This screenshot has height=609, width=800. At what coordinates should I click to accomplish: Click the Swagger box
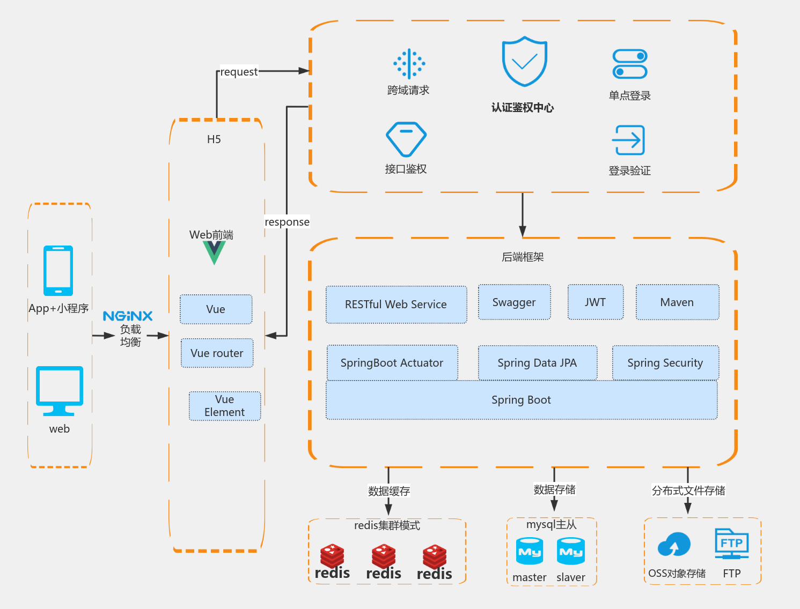[514, 302]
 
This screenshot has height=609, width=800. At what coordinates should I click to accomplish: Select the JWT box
[595, 302]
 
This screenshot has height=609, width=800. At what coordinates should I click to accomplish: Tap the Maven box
[677, 302]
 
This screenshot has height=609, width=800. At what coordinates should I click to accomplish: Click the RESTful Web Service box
[396, 304]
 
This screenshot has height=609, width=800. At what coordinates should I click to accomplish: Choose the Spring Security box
[665, 363]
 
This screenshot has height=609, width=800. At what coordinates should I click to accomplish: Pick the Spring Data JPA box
[537, 363]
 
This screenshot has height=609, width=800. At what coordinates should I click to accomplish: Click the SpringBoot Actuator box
[392, 363]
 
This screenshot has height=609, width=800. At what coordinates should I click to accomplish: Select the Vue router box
[217, 353]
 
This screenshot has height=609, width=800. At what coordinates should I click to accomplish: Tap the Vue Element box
[225, 406]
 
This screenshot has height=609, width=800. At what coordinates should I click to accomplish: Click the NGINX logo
[128, 316]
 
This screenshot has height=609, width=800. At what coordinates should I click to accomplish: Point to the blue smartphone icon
[58, 271]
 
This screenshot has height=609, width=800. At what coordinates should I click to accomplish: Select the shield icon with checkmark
[524, 61]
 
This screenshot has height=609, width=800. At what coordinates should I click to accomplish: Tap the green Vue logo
[214, 252]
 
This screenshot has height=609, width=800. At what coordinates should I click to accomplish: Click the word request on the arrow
[239, 72]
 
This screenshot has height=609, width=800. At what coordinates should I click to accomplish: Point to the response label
[287, 222]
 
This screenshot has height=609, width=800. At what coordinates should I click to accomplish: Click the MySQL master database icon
[530, 552]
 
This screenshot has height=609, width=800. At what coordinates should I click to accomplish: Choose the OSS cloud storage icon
[674, 546]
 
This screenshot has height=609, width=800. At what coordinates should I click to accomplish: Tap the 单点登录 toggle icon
[630, 64]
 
